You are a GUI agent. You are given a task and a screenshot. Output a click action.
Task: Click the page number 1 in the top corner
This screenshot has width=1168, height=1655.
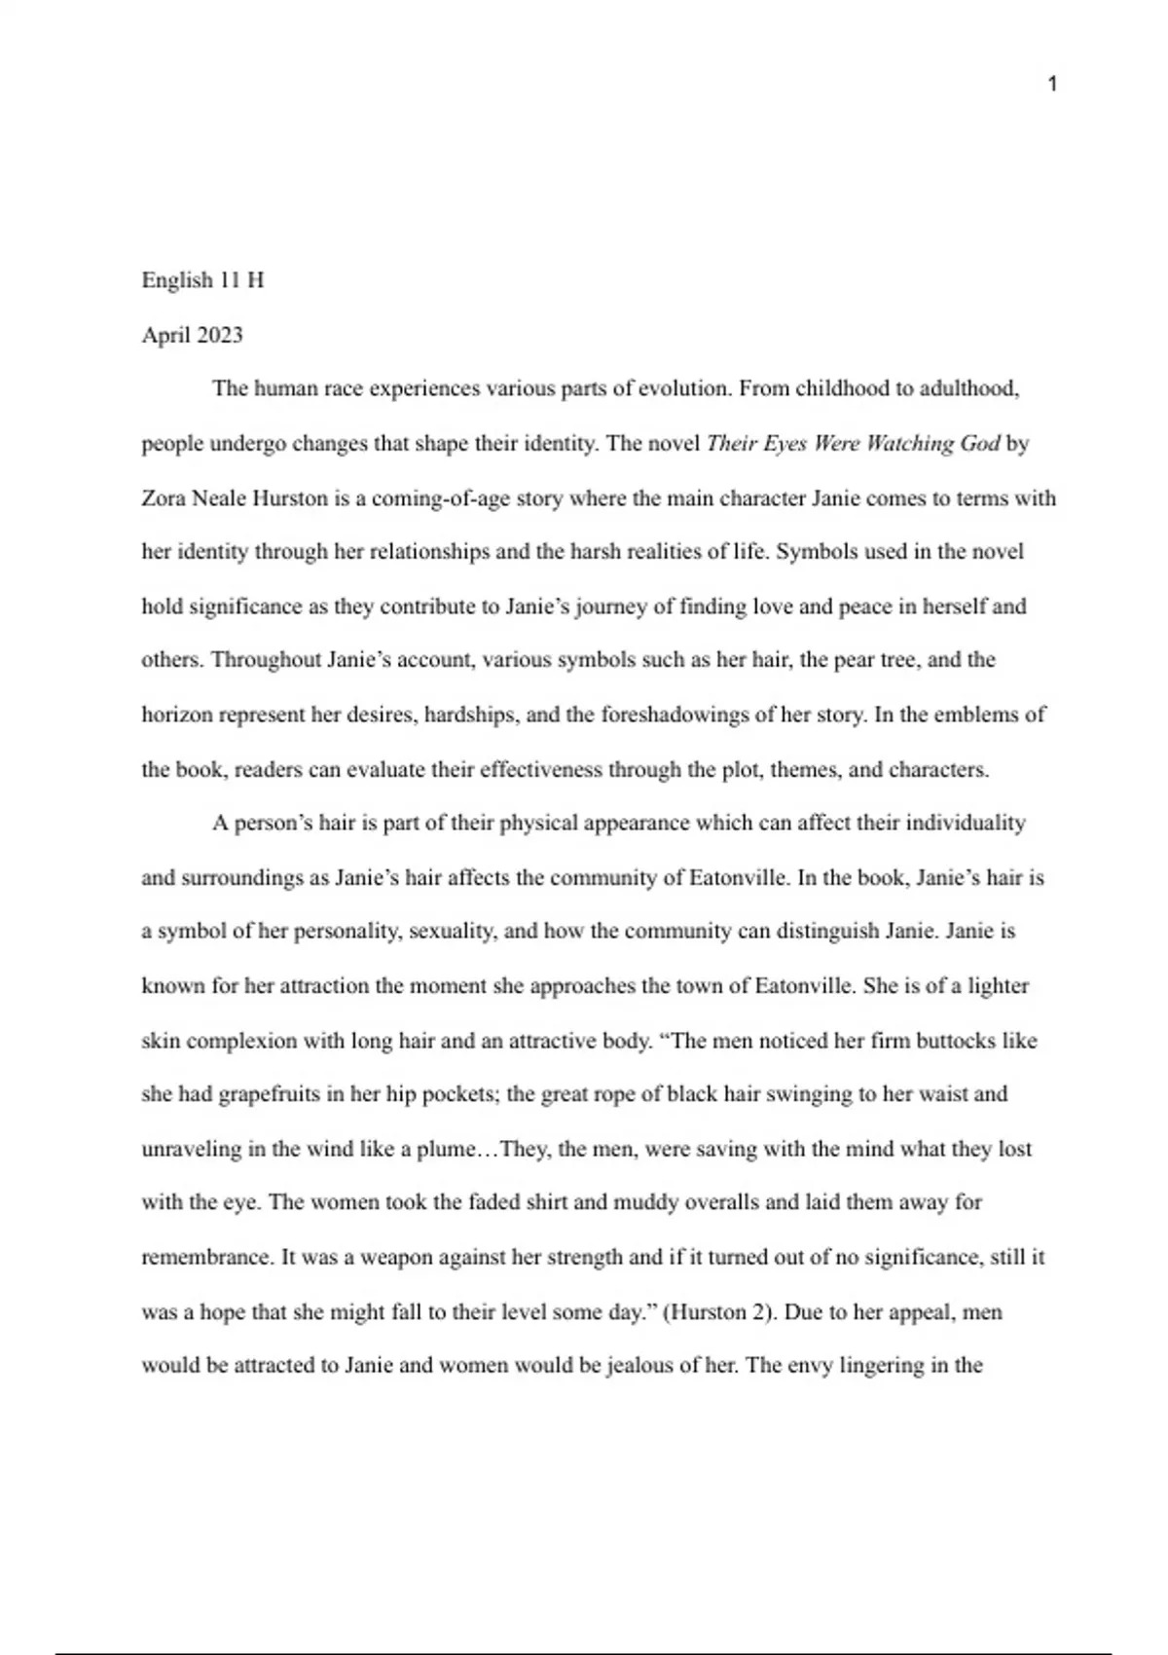[1052, 85]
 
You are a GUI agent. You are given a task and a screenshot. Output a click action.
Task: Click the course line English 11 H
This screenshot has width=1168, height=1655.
[202, 280]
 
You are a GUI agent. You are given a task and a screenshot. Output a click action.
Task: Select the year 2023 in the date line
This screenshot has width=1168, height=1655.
[219, 335]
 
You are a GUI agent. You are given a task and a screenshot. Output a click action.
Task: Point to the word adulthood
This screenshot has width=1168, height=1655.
[969, 389]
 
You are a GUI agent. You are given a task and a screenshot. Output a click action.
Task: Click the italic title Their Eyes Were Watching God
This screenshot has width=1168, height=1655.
[853, 444]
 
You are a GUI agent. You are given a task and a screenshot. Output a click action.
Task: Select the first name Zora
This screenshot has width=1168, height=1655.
[164, 498]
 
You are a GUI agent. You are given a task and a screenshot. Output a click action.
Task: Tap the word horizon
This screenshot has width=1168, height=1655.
[177, 715]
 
